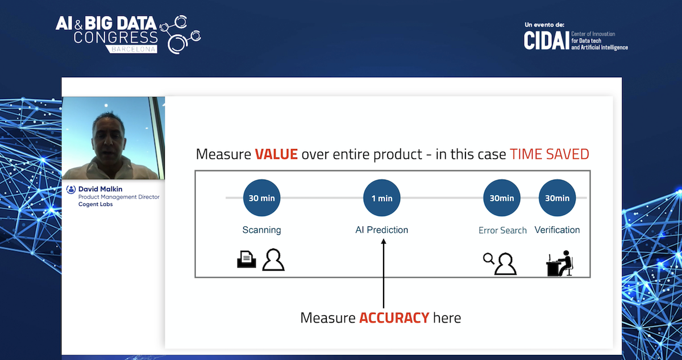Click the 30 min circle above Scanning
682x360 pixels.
pos(261,198)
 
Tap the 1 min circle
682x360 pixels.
pos(381,198)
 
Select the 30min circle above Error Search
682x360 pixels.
pos(501,198)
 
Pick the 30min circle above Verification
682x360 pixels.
pos(557,198)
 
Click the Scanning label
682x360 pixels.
pos(261,230)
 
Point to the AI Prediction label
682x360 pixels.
pos(381,230)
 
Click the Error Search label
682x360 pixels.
pos(502,230)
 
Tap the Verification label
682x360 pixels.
pos(557,230)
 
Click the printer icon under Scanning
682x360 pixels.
pos(246,259)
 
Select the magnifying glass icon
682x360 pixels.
pos(488,259)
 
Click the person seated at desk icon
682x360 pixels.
pos(560,263)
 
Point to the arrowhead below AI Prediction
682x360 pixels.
pos(384,241)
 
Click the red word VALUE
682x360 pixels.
pos(276,154)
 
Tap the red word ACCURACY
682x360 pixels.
pos(394,318)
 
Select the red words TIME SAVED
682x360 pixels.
pos(550,154)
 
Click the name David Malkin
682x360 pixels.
pos(100,189)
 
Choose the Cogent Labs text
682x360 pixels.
pos(95,204)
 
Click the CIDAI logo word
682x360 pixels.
pos(547,40)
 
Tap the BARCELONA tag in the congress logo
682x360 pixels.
pos(134,49)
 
